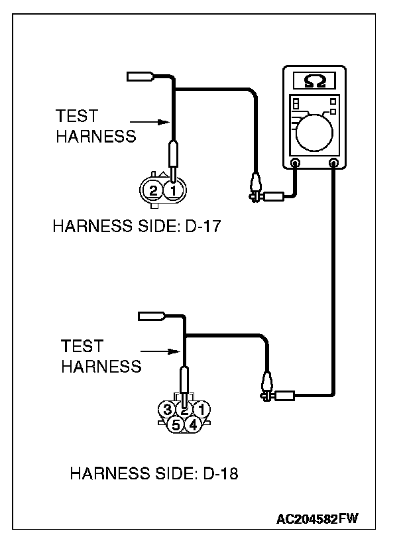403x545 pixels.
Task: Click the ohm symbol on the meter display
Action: [x=314, y=80]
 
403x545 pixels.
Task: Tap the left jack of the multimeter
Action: [x=295, y=162]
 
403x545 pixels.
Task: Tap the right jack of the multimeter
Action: [x=333, y=162]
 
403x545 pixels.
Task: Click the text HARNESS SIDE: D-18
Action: [x=154, y=474]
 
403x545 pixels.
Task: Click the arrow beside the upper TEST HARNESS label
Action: [x=147, y=122]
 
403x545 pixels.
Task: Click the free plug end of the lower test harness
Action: [x=150, y=318]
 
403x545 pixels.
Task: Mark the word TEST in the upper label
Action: [x=77, y=116]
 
